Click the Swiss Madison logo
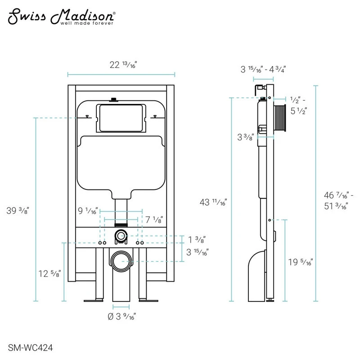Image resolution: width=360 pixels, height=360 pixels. pyautogui.click(x=62, y=17)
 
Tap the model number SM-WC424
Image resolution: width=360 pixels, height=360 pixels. pyautogui.click(x=30, y=347)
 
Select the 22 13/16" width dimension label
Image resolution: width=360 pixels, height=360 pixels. pyautogui.click(x=123, y=65)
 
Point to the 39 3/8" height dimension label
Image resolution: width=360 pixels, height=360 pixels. pyautogui.click(x=18, y=210)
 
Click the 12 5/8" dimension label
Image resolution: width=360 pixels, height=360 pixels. pyautogui.click(x=49, y=274)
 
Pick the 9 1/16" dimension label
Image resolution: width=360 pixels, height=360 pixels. pyautogui.click(x=88, y=211)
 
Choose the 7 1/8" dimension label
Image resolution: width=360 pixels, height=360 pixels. pyautogui.click(x=154, y=220)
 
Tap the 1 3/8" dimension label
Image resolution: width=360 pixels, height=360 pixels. pyautogui.click(x=197, y=240)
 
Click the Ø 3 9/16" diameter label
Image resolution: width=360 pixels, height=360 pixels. pyautogui.click(x=121, y=316)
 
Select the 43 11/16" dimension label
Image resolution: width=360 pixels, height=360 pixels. pyautogui.click(x=213, y=202)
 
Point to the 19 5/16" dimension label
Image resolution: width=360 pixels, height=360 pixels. pyautogui.click(x=301, y=262)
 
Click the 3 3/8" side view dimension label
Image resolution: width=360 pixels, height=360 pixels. pyautogui.click(x=246, y=137)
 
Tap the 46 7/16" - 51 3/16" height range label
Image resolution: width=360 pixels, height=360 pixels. pyautogui.click(x=339, y=201)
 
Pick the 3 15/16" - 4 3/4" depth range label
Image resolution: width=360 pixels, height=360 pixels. pyautogui.click(x=263, y=69)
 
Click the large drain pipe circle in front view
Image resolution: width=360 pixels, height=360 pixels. pyautogui.click(x=121, y=261)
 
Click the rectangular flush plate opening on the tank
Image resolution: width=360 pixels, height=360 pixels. pyautogui.click(x=121, y=118)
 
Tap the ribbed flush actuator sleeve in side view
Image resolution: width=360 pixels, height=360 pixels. pyautogui.click(x=280, y=118)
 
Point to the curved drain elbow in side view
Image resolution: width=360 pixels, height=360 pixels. pyautogui.click(x=257, y=276)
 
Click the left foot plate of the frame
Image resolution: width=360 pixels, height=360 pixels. pyautogui.click(x=94, y=300)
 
